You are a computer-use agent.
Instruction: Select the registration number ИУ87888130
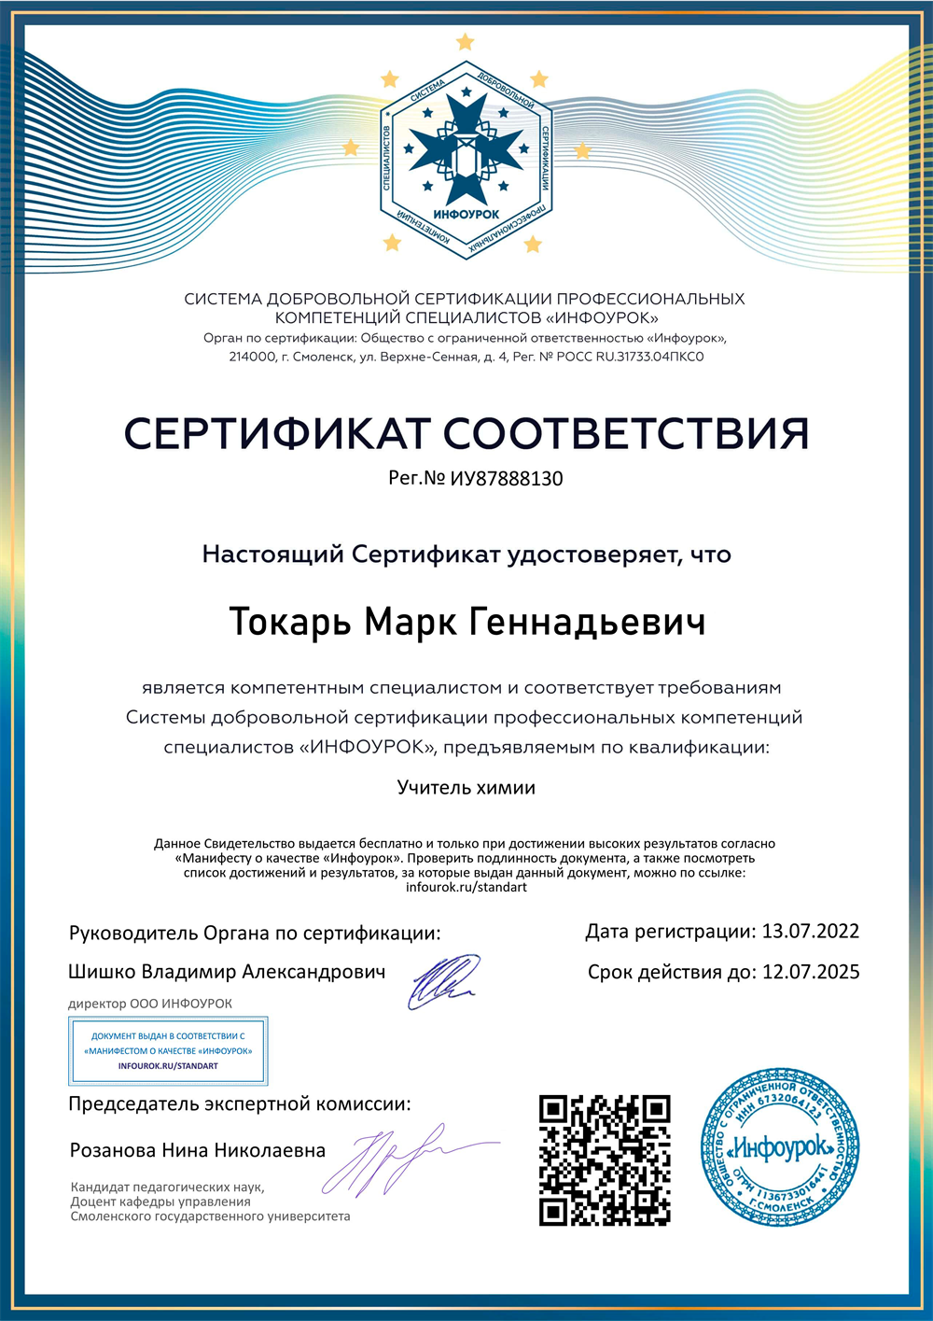click(x=507, y=479)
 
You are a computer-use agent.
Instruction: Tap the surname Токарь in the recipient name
click(x=290, y=623)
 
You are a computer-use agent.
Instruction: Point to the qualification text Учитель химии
click(x=466, y=788)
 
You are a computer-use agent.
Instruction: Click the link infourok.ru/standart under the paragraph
click(x=466, y=888)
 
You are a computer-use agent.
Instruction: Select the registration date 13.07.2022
click(x=811, y=932)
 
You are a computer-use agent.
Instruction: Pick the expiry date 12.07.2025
click(x=811, y=972)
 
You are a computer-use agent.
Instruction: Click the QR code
click(x=605, y=1159)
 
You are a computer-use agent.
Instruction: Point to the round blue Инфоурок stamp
click(x=780, y=1148)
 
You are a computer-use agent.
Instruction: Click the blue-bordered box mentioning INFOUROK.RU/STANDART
click(x=169, y=1051)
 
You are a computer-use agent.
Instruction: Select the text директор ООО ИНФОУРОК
click(x=150, y=1004)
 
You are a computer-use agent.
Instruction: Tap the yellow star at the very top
click(x=466, y=42)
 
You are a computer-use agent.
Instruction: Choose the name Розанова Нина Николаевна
click(x=198, y=1150)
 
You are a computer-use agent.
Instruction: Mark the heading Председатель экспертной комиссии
click(x=239, y=1104)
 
